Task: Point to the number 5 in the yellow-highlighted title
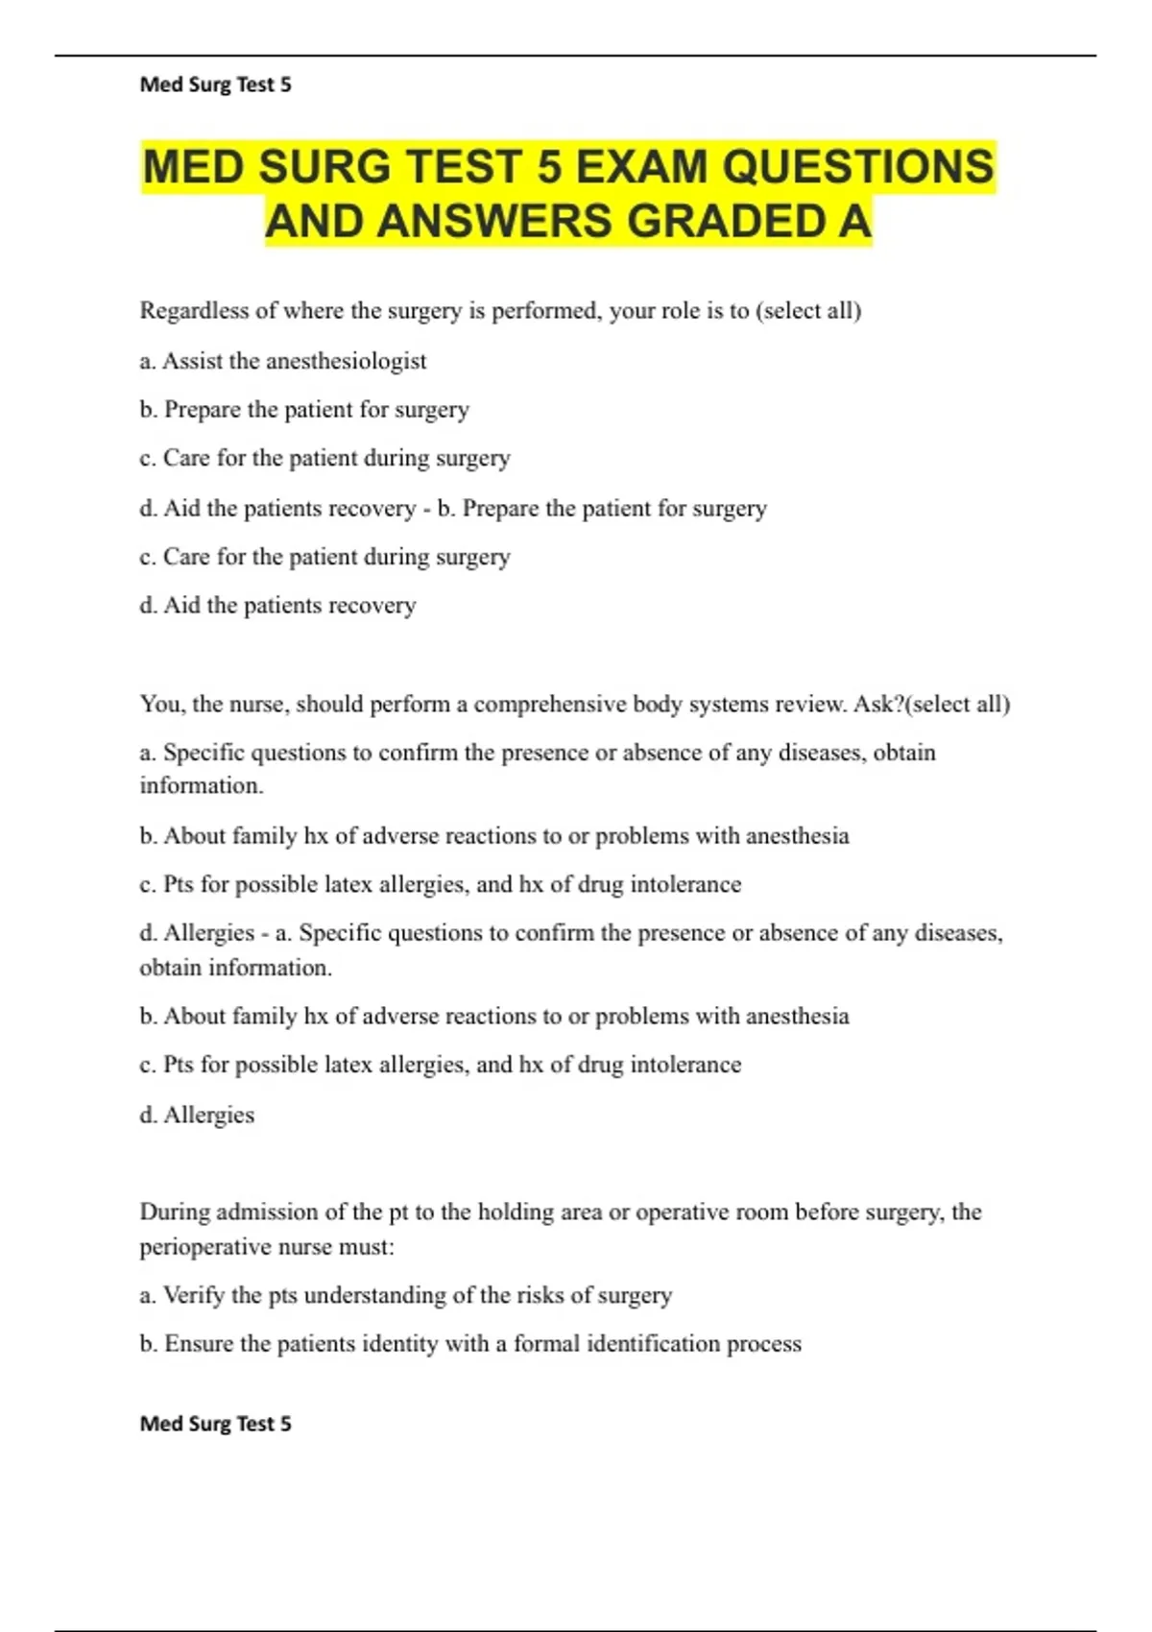[549, 167]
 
